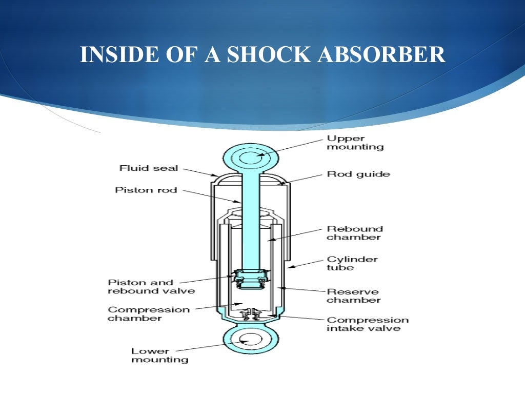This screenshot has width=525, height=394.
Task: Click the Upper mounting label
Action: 355,143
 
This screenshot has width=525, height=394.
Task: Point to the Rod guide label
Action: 358,174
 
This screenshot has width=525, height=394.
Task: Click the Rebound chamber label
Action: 355,233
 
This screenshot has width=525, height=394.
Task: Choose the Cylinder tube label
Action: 352,263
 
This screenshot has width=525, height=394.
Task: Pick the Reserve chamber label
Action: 354,295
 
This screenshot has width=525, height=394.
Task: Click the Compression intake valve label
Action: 367,324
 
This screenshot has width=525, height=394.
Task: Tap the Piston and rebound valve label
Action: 144,286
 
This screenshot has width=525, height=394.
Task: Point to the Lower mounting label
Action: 159,355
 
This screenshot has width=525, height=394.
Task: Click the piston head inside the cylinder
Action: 250,280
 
